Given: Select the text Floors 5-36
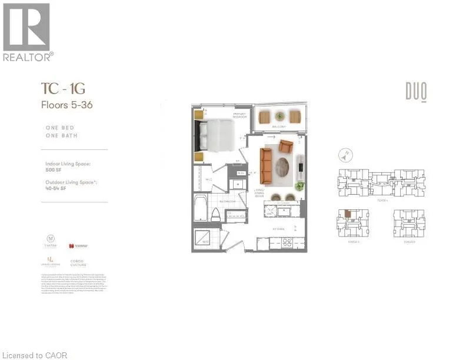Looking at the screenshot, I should (x=66, y=106).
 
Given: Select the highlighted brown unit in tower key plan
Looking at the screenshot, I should (x=348, y=214).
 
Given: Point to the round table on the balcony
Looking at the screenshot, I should (x=279, y=116).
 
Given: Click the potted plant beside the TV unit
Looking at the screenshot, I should (x=300, y=186).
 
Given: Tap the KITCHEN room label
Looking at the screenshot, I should (x=279, y=229).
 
